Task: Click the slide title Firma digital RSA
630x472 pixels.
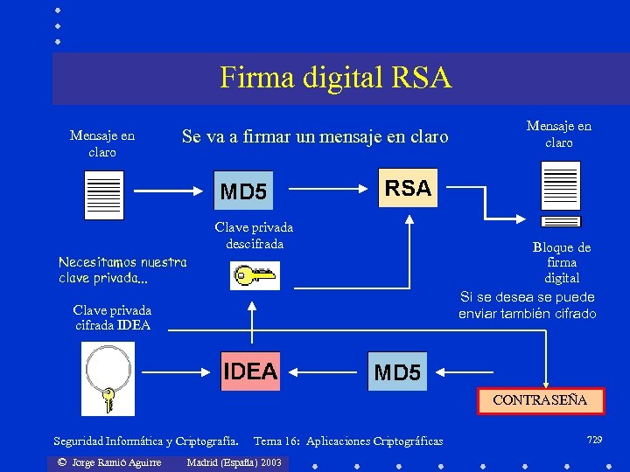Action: pos(335,78)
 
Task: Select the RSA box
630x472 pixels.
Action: pos(408,188)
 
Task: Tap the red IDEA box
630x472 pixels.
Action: pos(250,371)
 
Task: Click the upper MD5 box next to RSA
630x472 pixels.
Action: pos(243,191)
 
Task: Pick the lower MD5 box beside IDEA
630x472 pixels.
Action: pos(397,373)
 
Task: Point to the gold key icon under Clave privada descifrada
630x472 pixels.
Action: pos(253,276)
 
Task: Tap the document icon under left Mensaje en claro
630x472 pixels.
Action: pos(103,195)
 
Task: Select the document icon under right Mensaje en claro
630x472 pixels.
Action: pos(560,185)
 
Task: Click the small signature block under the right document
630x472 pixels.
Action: pos(560,221)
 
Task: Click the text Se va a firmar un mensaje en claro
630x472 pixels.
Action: pos(314,136)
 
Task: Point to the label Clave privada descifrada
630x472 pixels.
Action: pos(254,235)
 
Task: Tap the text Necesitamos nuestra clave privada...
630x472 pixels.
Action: pos(122,269)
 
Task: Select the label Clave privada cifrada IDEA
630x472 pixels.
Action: pos(112,317)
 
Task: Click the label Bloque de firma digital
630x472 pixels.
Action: pos(562,262)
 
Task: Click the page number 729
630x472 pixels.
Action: pos(595,439)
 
